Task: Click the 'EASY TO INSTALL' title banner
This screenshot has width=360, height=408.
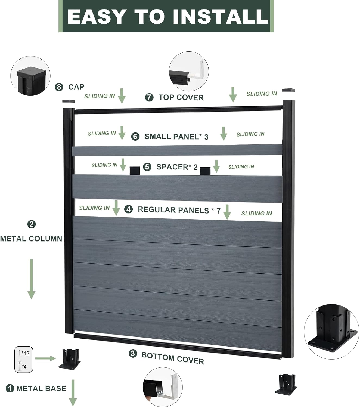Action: click(x=166, y=16)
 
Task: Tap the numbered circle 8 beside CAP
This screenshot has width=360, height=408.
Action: click(x=59, y=87)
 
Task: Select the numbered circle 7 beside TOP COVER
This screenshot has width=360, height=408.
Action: click(x=149, y=97)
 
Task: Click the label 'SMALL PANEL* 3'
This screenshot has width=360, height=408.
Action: click(x=176, y=137)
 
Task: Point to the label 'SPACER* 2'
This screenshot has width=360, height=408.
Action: click(x=177, y=167)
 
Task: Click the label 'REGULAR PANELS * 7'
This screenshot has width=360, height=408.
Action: click(x=179, y=210)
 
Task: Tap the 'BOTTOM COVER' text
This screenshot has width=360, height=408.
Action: click(x=173, y=358)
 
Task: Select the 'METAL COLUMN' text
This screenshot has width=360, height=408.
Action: click(x=31, y=239)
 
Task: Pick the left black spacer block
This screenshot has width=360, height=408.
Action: click(x=135, y=171)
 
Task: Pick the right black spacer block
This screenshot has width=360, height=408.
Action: click(x=205, y=171)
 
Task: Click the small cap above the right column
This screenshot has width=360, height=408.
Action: click(x=288, y=90)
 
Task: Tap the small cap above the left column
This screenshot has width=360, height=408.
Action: click(x=69, y=101)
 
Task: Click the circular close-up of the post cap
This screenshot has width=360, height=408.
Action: click(x=30, y=76)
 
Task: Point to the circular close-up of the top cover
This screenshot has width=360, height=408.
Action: click(x=189, y=71)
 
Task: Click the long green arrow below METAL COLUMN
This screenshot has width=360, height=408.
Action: click(x=32, y=279)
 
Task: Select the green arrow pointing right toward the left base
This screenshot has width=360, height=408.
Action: click(x=45, y=358)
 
